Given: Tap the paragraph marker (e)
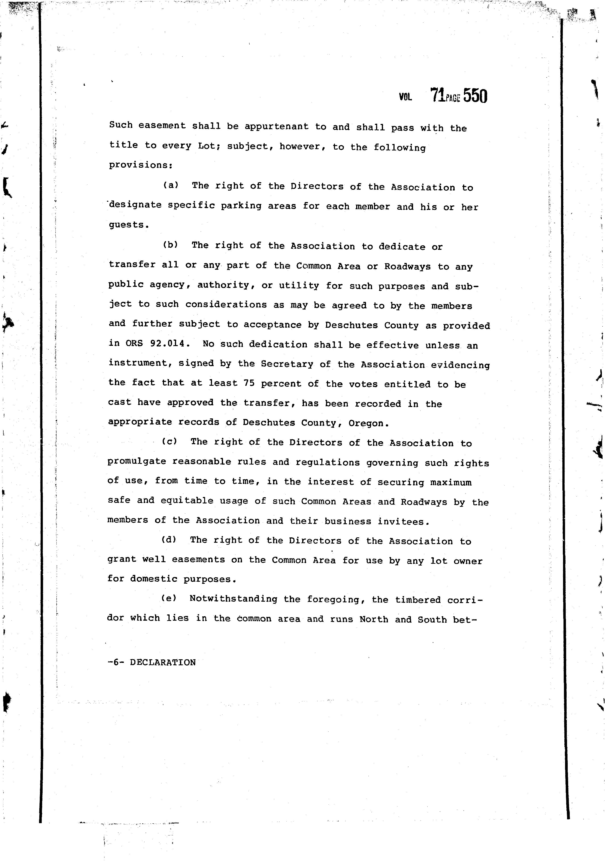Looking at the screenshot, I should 168,598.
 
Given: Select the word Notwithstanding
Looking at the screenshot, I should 233,599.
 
